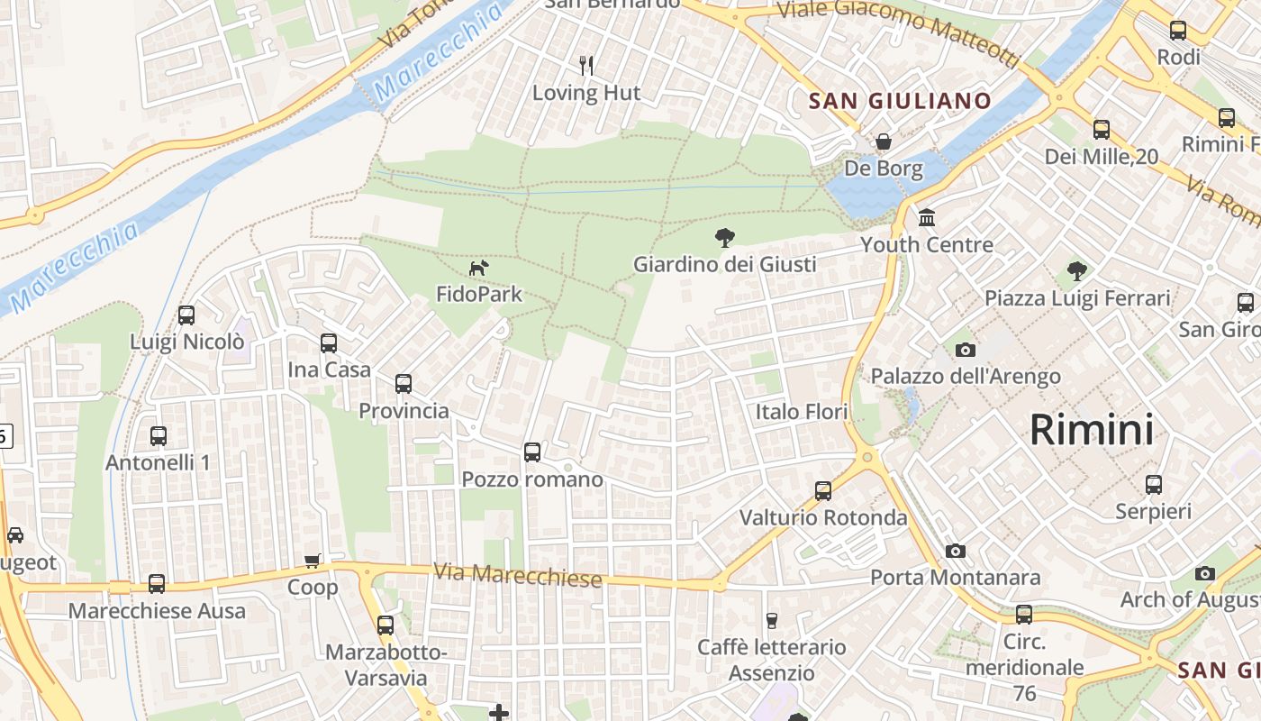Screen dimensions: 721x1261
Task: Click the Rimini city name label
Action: [x=1091, y=430]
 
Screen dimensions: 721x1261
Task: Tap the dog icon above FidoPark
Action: [x=478, y=268]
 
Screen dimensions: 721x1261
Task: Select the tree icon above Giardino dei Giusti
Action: [x=723, y=238]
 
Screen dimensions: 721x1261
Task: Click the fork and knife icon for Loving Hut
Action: [x=586, y=65]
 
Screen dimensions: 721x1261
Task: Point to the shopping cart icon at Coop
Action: [x=313, y=561]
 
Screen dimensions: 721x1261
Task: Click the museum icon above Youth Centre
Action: [x=926, y=218]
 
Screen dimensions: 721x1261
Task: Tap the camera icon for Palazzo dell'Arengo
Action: [x=965, y=350]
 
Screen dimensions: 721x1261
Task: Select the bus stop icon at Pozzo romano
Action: [x=532, y=452]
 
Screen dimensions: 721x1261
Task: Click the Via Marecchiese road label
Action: [x=517, y=574]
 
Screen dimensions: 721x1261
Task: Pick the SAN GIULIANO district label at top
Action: [x=900, y=101]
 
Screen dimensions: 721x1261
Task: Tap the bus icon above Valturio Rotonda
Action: [x=823, y=490]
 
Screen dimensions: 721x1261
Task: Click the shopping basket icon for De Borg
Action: [x=884, y=142]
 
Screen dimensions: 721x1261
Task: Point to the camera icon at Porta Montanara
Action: [x=956, y=551]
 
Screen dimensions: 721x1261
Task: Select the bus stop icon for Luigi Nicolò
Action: [x=186, y=315]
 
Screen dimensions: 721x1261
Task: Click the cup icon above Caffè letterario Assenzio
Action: [x=771, y=620]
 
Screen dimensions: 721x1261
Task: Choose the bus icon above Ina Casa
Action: [x=329, y=343]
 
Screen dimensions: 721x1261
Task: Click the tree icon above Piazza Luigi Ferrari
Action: [x=1076, y=270]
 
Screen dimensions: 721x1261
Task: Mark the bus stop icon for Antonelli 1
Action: [x=159, y=436]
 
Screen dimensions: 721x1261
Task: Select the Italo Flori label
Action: [x=802, y=412]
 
